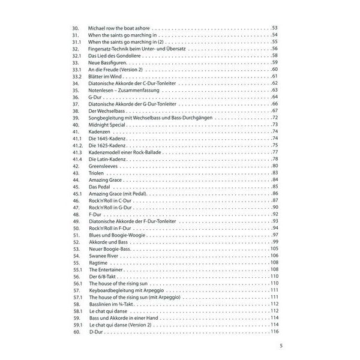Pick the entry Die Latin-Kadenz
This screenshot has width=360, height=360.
click(110, 159)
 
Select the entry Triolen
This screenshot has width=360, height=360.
click(98, 173)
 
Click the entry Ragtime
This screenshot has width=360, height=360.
click(99, 263)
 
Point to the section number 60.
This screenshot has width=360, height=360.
click(76, 332)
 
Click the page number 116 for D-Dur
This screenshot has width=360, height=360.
click(276, 332)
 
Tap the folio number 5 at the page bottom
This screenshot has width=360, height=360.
click(280, 346)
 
